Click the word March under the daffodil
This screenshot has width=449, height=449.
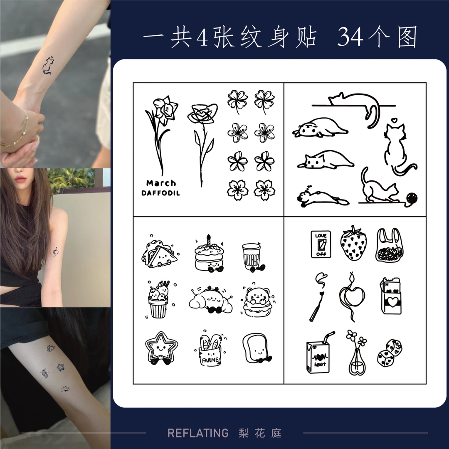161,183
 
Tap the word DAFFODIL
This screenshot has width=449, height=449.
161,193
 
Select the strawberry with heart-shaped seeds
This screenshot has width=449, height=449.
353,244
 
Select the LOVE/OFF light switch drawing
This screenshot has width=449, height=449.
321,244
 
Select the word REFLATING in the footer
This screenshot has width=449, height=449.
198,433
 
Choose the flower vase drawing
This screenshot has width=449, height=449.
357,353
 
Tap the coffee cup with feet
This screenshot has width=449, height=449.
252,257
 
